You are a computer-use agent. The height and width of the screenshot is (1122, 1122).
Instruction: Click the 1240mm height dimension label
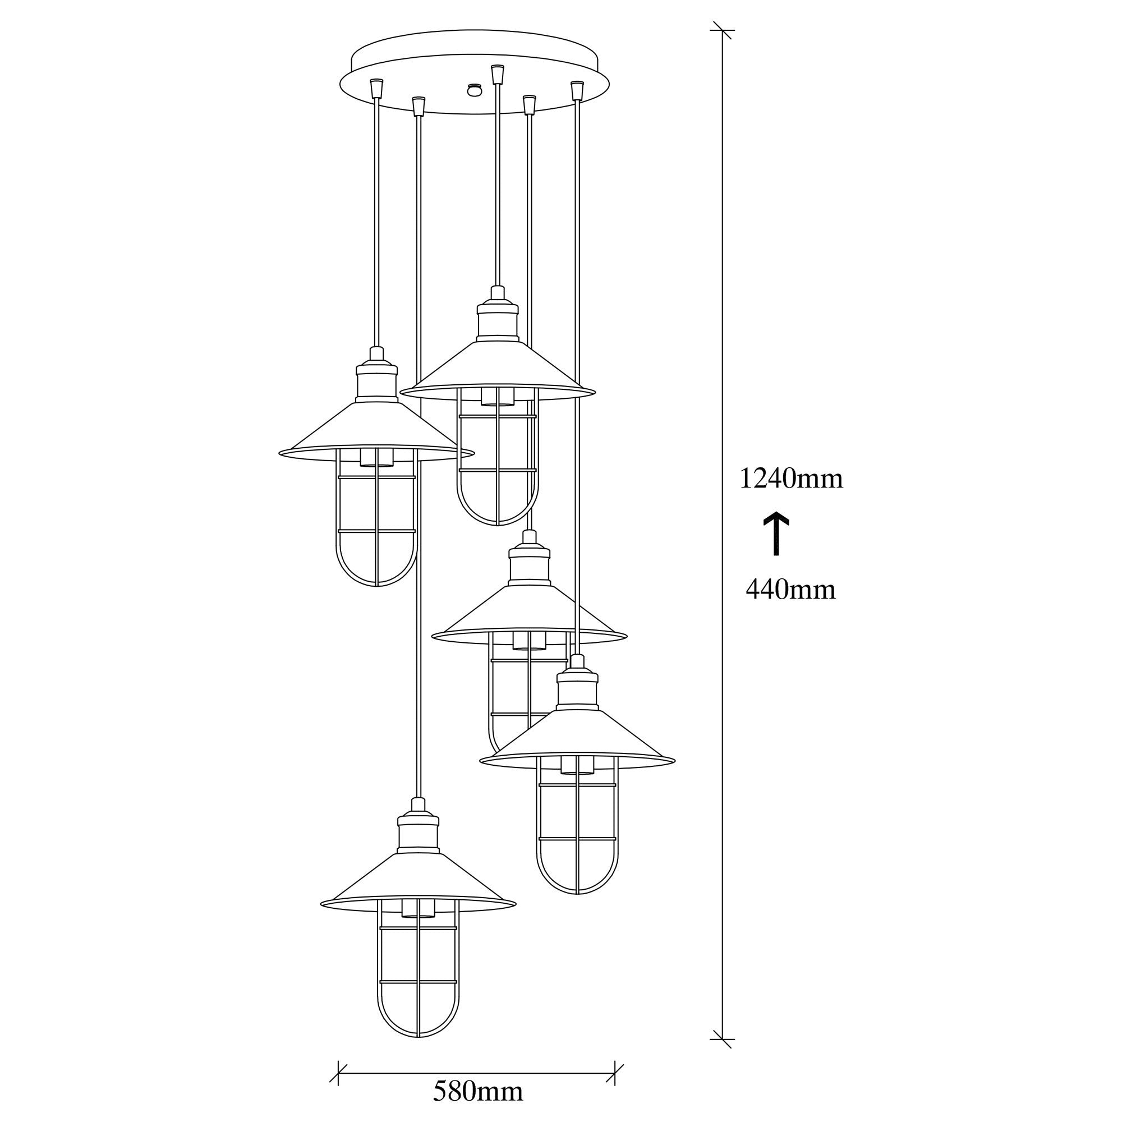coord(790,479)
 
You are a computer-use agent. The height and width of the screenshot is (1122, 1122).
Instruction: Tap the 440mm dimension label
coord(790,590)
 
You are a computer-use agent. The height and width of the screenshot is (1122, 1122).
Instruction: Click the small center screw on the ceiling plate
coord(475,89)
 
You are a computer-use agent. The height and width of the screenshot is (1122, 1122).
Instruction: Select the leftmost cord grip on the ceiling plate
coord(377,88)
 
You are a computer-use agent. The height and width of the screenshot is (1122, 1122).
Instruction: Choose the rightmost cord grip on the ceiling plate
coord(576,90)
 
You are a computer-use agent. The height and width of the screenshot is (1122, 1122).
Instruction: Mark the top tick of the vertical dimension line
coord(723,30)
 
